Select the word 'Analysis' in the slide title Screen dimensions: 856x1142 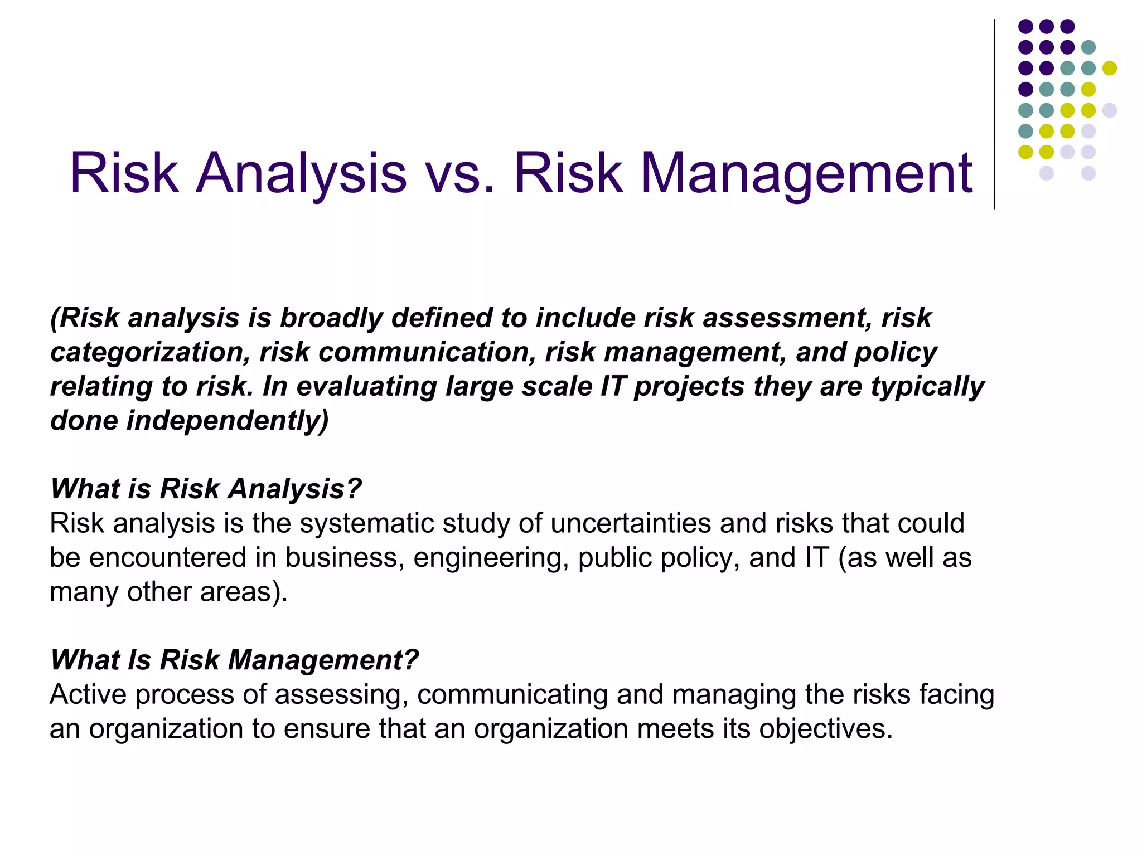301,174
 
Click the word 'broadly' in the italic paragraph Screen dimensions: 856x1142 331,318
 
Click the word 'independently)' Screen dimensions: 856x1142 228,421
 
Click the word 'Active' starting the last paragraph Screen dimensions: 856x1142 88,695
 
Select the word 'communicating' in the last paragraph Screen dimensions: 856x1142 512,695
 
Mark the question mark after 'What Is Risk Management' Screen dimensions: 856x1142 410,660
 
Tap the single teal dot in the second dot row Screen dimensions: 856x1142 1088,47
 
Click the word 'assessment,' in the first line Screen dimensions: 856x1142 787,318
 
